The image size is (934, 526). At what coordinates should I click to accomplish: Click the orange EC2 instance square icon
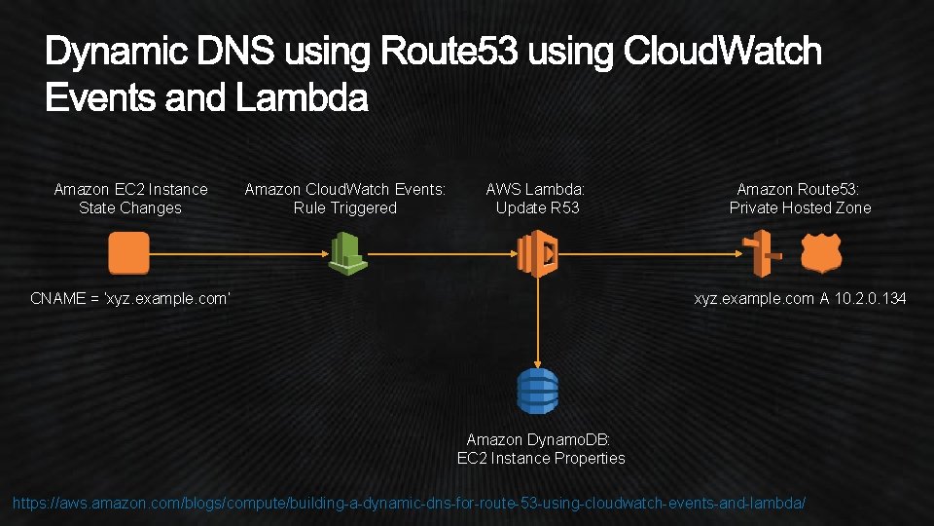128,253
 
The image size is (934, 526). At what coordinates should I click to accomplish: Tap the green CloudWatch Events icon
344,253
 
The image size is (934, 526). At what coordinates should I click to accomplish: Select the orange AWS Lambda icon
536,254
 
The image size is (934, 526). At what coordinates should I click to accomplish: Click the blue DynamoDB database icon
537,391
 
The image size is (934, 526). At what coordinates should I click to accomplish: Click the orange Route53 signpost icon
764,254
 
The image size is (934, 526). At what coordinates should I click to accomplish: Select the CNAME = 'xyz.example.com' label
129,298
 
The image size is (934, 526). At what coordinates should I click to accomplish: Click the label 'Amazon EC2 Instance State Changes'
130,198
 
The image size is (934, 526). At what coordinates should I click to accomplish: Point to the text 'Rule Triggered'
344,207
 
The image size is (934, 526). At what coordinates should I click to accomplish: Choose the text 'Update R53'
537,207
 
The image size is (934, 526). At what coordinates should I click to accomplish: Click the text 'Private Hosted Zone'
800,207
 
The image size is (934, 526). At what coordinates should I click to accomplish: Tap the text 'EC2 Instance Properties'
541,458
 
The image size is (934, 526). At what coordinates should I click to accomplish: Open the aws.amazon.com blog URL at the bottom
409,503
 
